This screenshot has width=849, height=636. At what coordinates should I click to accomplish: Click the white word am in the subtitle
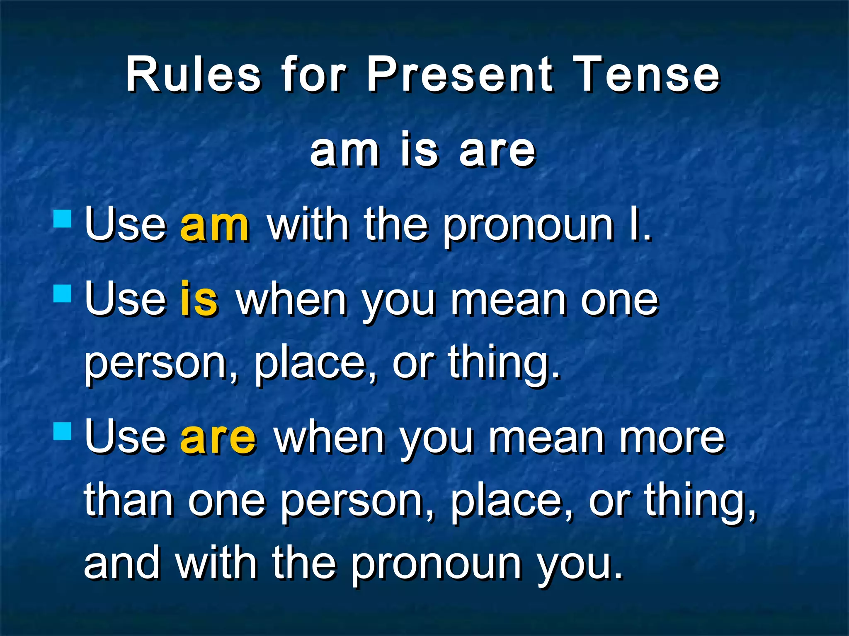(x=344, y=151)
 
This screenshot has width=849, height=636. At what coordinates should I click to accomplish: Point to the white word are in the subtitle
(x=497, y=151)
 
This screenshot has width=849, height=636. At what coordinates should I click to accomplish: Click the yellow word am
(x=214, y=226)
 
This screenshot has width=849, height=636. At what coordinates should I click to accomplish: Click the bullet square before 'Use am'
(x=63, y=219)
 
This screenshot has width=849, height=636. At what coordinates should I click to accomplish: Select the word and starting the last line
(x=122, y=563)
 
